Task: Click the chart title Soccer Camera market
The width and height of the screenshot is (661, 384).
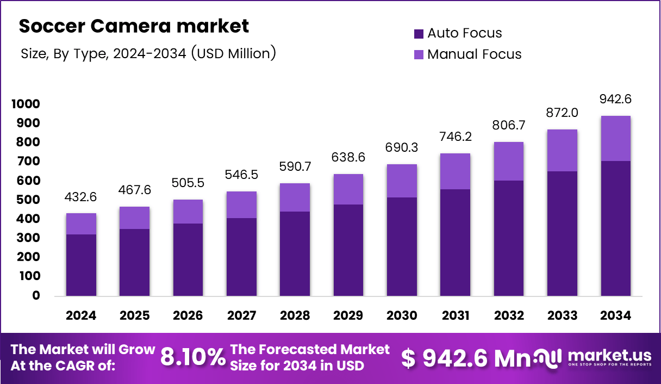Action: point(134,26)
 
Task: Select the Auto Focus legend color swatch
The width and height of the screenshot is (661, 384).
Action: point(419,34)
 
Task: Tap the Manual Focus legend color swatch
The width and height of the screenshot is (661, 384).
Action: point(419,54)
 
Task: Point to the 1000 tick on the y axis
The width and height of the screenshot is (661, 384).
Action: point(26,104)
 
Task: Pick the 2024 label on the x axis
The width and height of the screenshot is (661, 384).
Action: point(82,316)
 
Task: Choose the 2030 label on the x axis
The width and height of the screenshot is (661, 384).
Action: point(402,316)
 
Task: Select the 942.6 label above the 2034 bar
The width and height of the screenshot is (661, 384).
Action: point(615,100)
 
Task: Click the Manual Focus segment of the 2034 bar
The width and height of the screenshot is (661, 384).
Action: point(615,138)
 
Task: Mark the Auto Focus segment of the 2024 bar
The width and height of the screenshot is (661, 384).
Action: point(82,265)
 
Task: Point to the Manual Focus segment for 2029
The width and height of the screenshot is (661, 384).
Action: point(348,189)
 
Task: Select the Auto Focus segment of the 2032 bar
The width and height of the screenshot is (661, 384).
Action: point(509,238)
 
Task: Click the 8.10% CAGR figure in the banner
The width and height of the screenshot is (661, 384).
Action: point(193,357)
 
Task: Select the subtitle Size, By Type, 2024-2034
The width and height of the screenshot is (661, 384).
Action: point(148,53)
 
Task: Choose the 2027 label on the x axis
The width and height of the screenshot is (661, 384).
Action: point(241,316)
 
